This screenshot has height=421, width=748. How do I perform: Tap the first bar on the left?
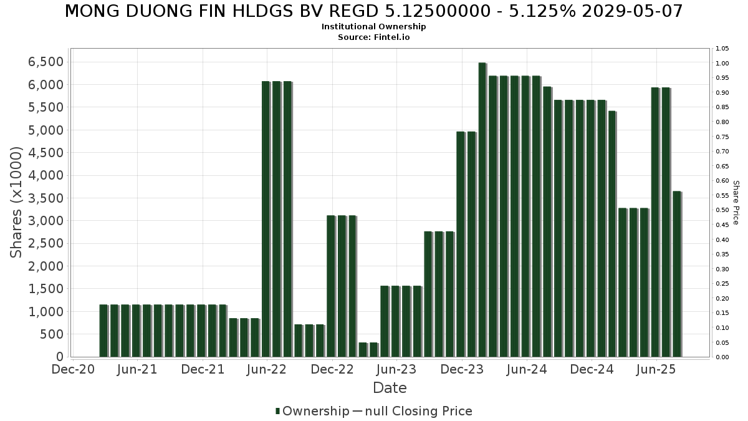tap(103, 331)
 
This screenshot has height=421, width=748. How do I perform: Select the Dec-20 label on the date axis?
tap(74, 370)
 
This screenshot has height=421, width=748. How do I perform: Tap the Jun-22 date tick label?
tap(267, 370)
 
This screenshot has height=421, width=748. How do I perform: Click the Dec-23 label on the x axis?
tap(462, 370)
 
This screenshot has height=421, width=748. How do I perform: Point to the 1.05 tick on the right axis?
tap(722, 49)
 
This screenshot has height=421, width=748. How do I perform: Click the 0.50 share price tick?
tap(722, 210)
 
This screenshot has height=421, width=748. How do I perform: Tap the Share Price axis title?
tap(736, 203)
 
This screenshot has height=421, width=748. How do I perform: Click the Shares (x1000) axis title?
tap(17, 202)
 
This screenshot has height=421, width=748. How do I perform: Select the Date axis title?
tap(390, 388)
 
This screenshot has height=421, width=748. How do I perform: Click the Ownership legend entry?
tap(315, 411)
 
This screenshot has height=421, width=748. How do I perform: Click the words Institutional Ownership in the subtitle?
tap(374, 27)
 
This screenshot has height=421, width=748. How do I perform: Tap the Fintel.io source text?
tap(392, 37)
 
